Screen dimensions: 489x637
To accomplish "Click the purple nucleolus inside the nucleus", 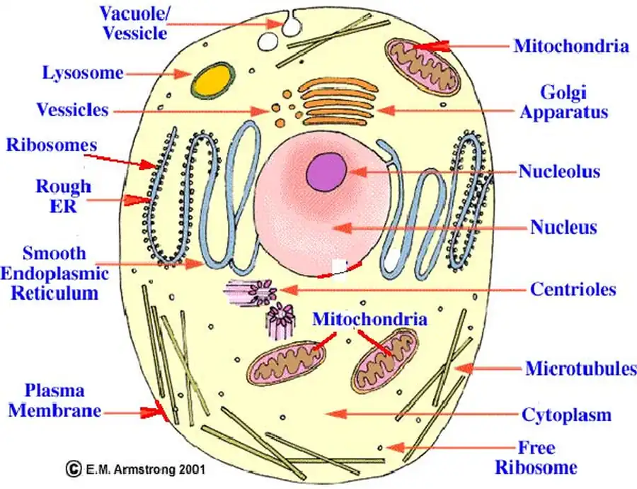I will [326, 172].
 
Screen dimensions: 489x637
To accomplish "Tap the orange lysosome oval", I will [212, 80].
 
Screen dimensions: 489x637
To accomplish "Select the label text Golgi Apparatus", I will [564, 102].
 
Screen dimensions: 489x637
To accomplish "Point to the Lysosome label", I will [83, 73].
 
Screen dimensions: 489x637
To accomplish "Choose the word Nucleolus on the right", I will [559, 172].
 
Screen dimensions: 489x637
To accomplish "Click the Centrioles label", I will [573, 289].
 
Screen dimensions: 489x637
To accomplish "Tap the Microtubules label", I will [580, 369].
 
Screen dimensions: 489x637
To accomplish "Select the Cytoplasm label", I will [566, 415].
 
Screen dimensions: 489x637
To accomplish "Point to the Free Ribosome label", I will [536, 458].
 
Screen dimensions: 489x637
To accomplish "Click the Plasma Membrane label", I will [54, 400].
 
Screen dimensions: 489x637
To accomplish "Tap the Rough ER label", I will [63, 196].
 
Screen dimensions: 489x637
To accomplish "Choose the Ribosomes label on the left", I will [51, 145].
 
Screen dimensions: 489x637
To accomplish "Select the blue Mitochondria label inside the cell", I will [369, 319].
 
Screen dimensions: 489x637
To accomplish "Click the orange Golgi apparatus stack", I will [337, 100].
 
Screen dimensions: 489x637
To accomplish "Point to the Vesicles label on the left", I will [73, 110].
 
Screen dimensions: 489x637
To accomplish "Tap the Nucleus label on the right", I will [563, 227].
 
